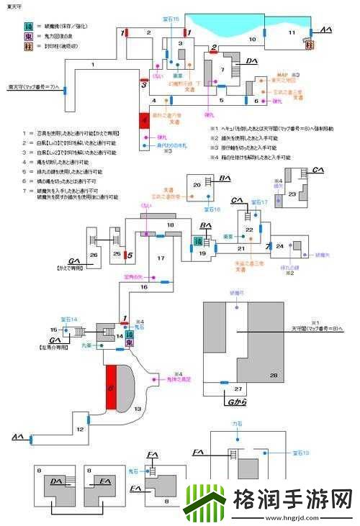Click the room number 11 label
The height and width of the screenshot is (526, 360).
point(291,32)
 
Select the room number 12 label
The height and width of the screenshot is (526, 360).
point(81,430)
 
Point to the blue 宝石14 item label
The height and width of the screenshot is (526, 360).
point(69,318)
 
